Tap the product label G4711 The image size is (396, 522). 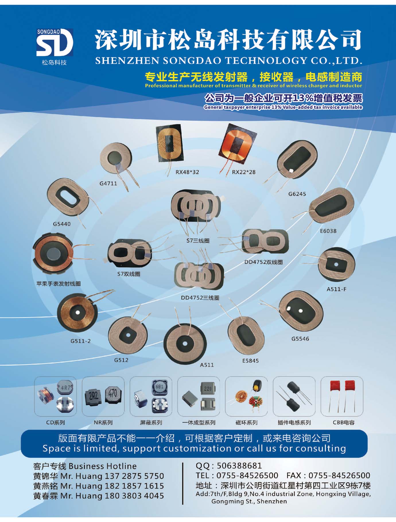pos(108,184)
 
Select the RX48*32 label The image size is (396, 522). pos(187,172)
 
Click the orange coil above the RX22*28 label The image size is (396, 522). pos(237,143)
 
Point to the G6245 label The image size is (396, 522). pos(297,194)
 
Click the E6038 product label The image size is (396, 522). pos(328,231)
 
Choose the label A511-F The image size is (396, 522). pos(336,289)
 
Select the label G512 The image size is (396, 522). pos(121,360)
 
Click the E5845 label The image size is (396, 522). pos(250,361)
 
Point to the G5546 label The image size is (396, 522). pos(300,339)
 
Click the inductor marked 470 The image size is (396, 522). pos(113,393)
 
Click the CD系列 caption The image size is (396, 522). pos(55,422)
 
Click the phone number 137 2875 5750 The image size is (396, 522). pos(134,476)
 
